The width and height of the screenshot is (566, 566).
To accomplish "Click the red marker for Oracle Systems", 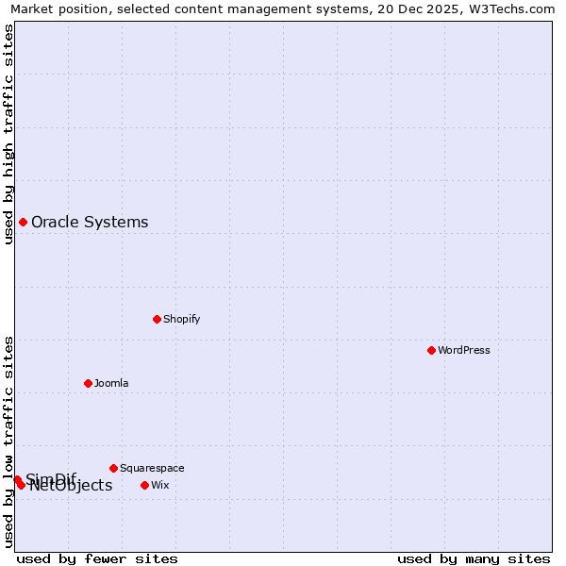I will (23, 222).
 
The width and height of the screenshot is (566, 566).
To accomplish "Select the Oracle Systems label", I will (90, 223).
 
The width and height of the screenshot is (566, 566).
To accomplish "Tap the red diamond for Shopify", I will (157, 319).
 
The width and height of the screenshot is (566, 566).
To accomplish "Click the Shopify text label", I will (181, 319).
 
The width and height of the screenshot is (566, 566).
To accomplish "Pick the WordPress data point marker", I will (431, 350).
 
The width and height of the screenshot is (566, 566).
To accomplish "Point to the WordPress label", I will (463, 350).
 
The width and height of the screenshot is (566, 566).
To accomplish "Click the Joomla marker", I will (88, 383).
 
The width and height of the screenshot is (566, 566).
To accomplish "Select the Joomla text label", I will (111, 383).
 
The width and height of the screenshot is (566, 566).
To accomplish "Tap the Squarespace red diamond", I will (113, 468).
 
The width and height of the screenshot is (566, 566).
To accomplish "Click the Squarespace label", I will (152, 468).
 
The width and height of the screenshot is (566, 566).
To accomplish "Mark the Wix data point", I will (144, 485).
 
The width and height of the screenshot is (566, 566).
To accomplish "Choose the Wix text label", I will (159, 485).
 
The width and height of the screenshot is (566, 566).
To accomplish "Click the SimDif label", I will (50, 478).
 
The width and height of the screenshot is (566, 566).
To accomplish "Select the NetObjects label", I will (71, 487).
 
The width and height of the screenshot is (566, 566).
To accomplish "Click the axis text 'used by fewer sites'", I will (97, 559).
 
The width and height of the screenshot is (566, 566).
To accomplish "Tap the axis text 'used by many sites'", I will (473, 559).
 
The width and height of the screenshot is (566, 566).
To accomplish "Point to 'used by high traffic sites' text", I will (8, 134).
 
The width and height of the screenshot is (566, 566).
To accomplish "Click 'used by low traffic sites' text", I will (8, 441).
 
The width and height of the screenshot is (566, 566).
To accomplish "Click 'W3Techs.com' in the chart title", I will (514, 8).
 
